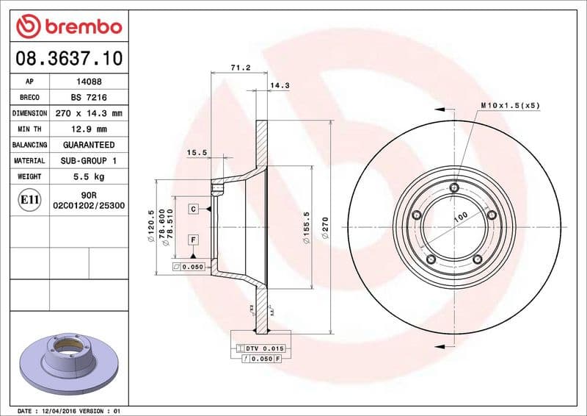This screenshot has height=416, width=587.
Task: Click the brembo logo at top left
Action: coord(68,27)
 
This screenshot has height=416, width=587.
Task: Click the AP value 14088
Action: coord(90,82)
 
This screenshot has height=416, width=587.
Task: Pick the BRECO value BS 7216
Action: coord(90,98)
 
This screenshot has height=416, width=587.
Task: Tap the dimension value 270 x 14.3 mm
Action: coord(90,114)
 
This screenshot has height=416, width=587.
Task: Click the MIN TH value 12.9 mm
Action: coord(90,129)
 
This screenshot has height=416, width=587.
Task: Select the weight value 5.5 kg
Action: coord(90,176)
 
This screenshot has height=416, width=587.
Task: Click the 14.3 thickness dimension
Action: coord(280,85)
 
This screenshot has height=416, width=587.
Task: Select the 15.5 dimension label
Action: coord(196,153)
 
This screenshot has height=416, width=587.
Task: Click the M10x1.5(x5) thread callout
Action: coord(510,106)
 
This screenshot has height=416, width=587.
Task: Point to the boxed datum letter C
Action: coord(193,209)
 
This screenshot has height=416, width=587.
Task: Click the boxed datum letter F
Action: coord(193,240)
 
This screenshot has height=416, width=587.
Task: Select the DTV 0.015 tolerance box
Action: coord(260,347)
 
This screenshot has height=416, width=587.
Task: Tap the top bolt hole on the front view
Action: coord(454,189)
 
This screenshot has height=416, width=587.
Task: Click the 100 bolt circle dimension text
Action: coord(460,217)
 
